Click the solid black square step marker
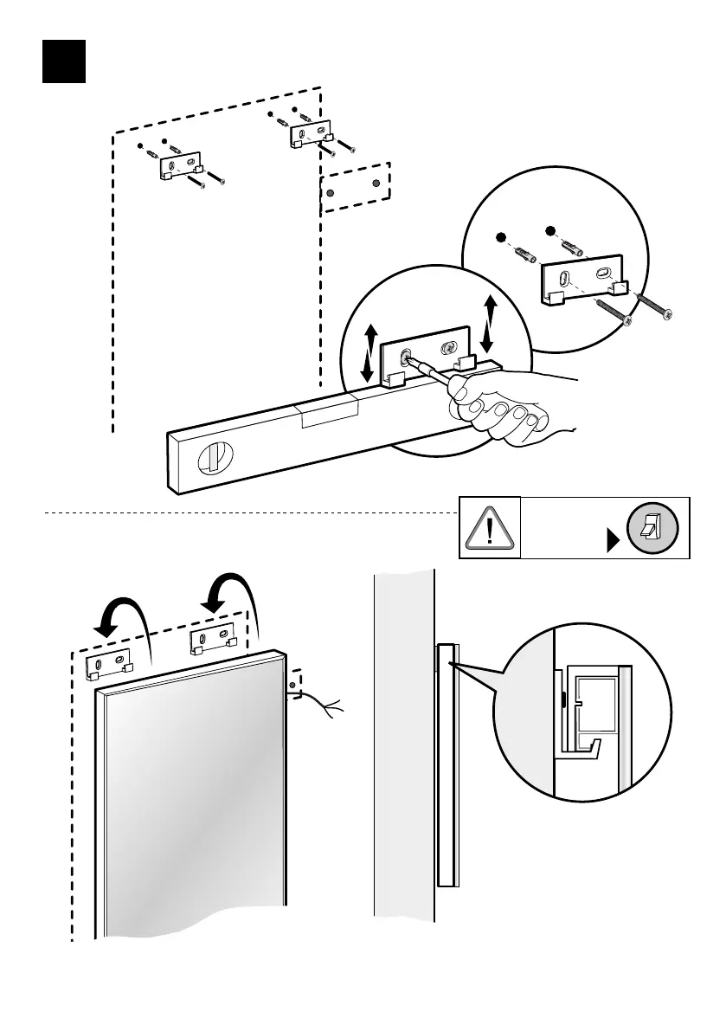coord(64,61)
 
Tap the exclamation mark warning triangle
coord(489,526)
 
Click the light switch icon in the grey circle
coord(653,527)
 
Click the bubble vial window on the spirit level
coord(213,457)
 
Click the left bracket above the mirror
coord(107,662)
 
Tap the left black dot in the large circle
coord(499,237)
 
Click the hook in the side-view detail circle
coord(586,745)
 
